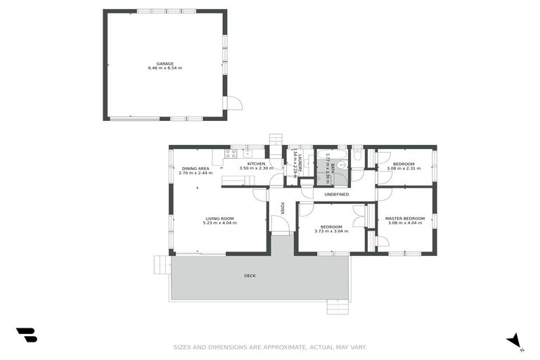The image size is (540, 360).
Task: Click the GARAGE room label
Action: pyautogui.click(x=165, y=63)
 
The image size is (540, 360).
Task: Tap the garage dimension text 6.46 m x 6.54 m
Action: pyautogui.click(x=165, y=68)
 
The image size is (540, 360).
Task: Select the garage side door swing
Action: pyautogui.click(x=234, y=103)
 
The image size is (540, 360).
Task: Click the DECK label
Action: pyautogui.click(x=250, y=276)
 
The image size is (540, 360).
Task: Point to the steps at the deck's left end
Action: pyautogui.click(x=162, y=264)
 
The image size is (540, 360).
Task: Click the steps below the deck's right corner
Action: pyautogui.click(x=337, y=307)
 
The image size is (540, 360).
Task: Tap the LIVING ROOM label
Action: pyautogui.click(x=219, y=219)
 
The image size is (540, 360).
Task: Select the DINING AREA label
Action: pyautogui.click(x=195, y=169)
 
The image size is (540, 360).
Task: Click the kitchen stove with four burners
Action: pyautogui.click(x=231, y=154)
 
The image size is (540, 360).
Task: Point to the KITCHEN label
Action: pyautogui.click(x=255, y=164)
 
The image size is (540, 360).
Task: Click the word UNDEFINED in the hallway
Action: pyautogui.click(x=336, y=194)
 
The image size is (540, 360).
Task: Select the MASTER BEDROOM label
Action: pyautogui.click(x=404, y=219)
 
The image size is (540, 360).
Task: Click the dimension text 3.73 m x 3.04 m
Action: pyautogui.click(x=330, y=231)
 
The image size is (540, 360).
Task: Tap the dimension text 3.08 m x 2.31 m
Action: pyautogui.click(x=404, y=169)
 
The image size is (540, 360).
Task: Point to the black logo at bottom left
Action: pyautogui.click(x=26, y=335)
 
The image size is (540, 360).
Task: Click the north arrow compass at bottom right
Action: pyautogui.click(x=515, y=340)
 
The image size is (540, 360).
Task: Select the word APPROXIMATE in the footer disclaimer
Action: pyautogui.click(x=269, y=347)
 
